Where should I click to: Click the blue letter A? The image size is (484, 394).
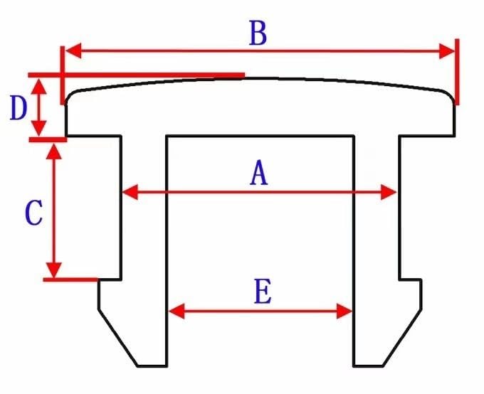pyautogui.click(x=258, y=173)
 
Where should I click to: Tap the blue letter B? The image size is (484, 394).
pyautogui.click(x=258, y=33)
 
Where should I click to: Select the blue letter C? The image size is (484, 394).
pyautogui.click(x=33, y=213)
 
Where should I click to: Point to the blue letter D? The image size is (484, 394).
pyautogui.click(x=19, y=107)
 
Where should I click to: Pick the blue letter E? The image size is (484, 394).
pyautogui.click(x=263, y=291)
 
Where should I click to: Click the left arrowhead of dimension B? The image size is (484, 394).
pyautogui.click(x=73, y=50)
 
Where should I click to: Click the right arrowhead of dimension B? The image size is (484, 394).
pyautogui.click(x=447, y=51)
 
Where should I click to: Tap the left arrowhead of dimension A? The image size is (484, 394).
pyautogui.click(x=130, y=192)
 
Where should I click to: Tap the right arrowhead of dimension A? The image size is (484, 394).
pyautogui.click(x=389, y=192)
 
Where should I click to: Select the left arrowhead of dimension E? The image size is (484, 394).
pyautogui.click(x=177, y=311)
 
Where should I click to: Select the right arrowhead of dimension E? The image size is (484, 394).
pyautogui.click(x=344, y=312)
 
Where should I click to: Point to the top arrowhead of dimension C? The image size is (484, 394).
pyautogui.click(x=54, y=151)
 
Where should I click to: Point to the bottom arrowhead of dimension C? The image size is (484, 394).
pyautogui.click(x=54, y=270)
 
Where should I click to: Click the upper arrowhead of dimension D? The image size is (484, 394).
pyautogui.click(x=39, y=86)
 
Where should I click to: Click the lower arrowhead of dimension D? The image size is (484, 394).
pyautogui.click(x=39, y=128)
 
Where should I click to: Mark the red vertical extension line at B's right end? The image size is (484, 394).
pyautogui.click(x=457, y=72)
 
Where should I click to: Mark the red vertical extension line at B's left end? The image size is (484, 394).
pyautogui.click(x=63, y=75)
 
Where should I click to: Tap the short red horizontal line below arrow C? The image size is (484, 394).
pyautogui.click(x=70, y=279)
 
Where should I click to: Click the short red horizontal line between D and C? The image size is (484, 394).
pyautogui.click(x=48, y=140)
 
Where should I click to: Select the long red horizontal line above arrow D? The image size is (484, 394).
pyautogui.click(x=137, y=75)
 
